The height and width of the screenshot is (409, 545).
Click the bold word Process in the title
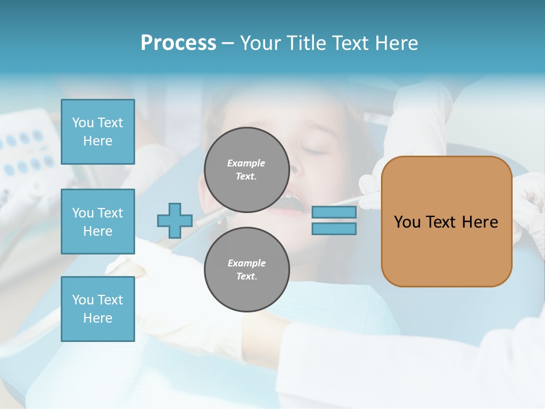(178, 43)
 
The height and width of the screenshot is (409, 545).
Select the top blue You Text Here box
(98, 132)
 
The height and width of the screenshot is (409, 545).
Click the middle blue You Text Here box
(98, 222)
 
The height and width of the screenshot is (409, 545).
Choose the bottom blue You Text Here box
(98, 309)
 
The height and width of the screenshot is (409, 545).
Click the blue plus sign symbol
(175, 220)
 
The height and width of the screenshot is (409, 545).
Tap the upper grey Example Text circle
(246, 170)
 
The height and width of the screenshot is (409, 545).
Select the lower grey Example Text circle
(246, 270)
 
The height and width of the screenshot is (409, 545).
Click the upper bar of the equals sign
(334, 212)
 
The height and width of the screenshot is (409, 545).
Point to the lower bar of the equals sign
(334, 229)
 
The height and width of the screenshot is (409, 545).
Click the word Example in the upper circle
(246, 163)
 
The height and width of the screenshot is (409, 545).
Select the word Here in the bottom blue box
(98, 318)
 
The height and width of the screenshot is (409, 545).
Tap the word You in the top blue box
(83, 123)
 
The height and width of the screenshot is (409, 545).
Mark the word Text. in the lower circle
(246, 277)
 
